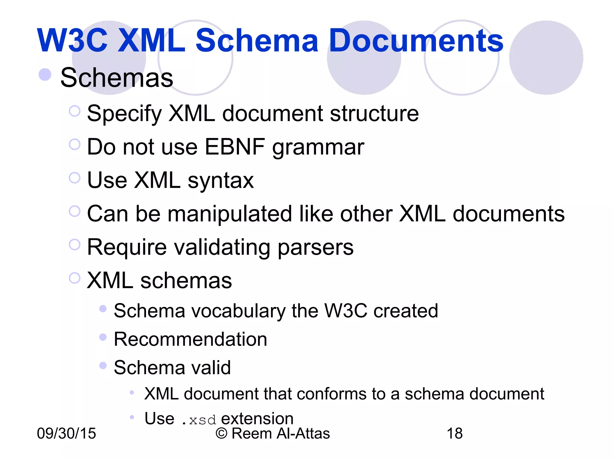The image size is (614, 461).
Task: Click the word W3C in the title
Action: point(72,41)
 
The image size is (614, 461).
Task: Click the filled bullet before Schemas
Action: point(45,74)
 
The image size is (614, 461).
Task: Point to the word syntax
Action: point(221,181)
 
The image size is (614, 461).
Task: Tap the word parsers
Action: point(315,248)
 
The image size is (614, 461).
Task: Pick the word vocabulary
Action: point(239,311)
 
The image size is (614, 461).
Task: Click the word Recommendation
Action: point(190,339)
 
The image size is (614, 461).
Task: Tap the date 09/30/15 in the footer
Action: point(66,433)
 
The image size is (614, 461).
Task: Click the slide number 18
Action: point(455,433)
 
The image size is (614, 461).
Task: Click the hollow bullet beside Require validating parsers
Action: point(75,245)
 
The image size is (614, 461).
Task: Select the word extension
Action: point(257,418)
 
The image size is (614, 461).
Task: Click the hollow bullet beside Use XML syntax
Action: point(75,178)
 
